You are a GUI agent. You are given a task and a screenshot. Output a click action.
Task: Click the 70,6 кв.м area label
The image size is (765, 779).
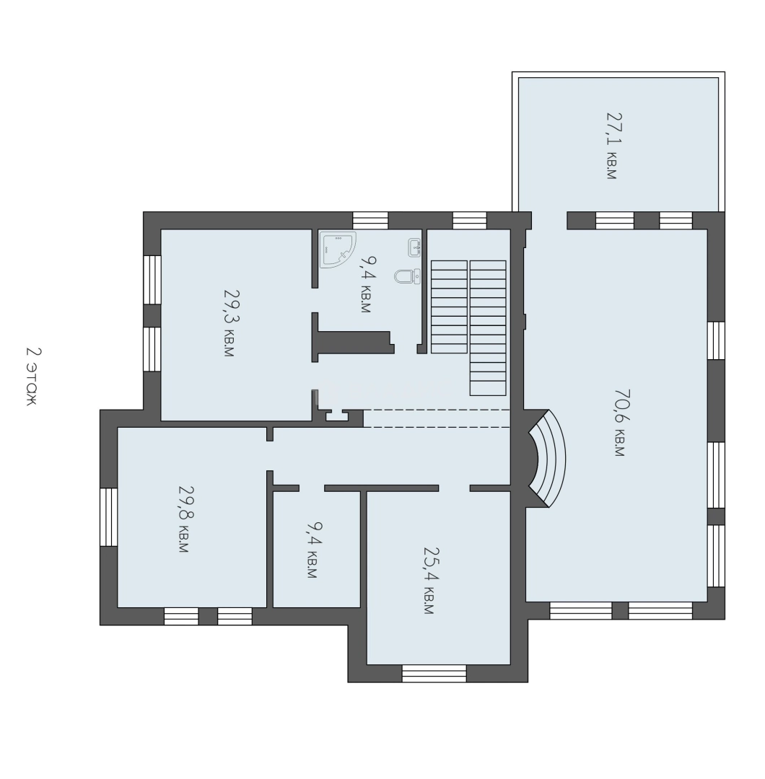click(621, 422)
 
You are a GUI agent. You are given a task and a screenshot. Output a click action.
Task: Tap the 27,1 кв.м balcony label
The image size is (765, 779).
click(613, 146)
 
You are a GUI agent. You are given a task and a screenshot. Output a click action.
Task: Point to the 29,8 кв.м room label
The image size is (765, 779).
click(185, 519)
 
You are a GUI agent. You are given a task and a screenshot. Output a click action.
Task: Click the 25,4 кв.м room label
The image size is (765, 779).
click(430, 581)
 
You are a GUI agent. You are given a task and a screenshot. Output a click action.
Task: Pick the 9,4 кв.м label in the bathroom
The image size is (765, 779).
click(367, 284)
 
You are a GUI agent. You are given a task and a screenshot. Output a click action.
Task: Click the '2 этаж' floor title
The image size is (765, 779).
click(32, 376)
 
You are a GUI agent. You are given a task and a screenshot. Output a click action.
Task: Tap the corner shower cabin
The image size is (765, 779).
click(338, 250)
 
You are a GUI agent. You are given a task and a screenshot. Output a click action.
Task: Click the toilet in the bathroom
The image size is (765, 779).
click(408, 276)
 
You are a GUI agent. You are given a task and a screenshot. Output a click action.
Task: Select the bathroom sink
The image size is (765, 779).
click(414, 247)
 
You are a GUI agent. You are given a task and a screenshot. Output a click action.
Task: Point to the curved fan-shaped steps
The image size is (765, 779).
click(547, 458)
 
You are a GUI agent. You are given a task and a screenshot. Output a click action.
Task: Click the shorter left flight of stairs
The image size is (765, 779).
click(449, 307)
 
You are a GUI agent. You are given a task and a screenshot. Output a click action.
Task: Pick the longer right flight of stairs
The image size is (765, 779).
click(488, 328)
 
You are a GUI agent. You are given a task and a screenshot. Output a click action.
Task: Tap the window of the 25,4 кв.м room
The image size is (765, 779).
click(434, 673)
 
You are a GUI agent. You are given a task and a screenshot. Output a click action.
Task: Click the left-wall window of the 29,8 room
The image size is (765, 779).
click(109, 517)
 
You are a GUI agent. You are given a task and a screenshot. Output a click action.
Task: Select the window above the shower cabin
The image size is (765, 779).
click(370, 221)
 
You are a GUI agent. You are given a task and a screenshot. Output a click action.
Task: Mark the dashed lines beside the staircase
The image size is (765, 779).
click(437, 418)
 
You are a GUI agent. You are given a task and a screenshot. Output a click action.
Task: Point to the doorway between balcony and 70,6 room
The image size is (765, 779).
click(549, 221)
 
